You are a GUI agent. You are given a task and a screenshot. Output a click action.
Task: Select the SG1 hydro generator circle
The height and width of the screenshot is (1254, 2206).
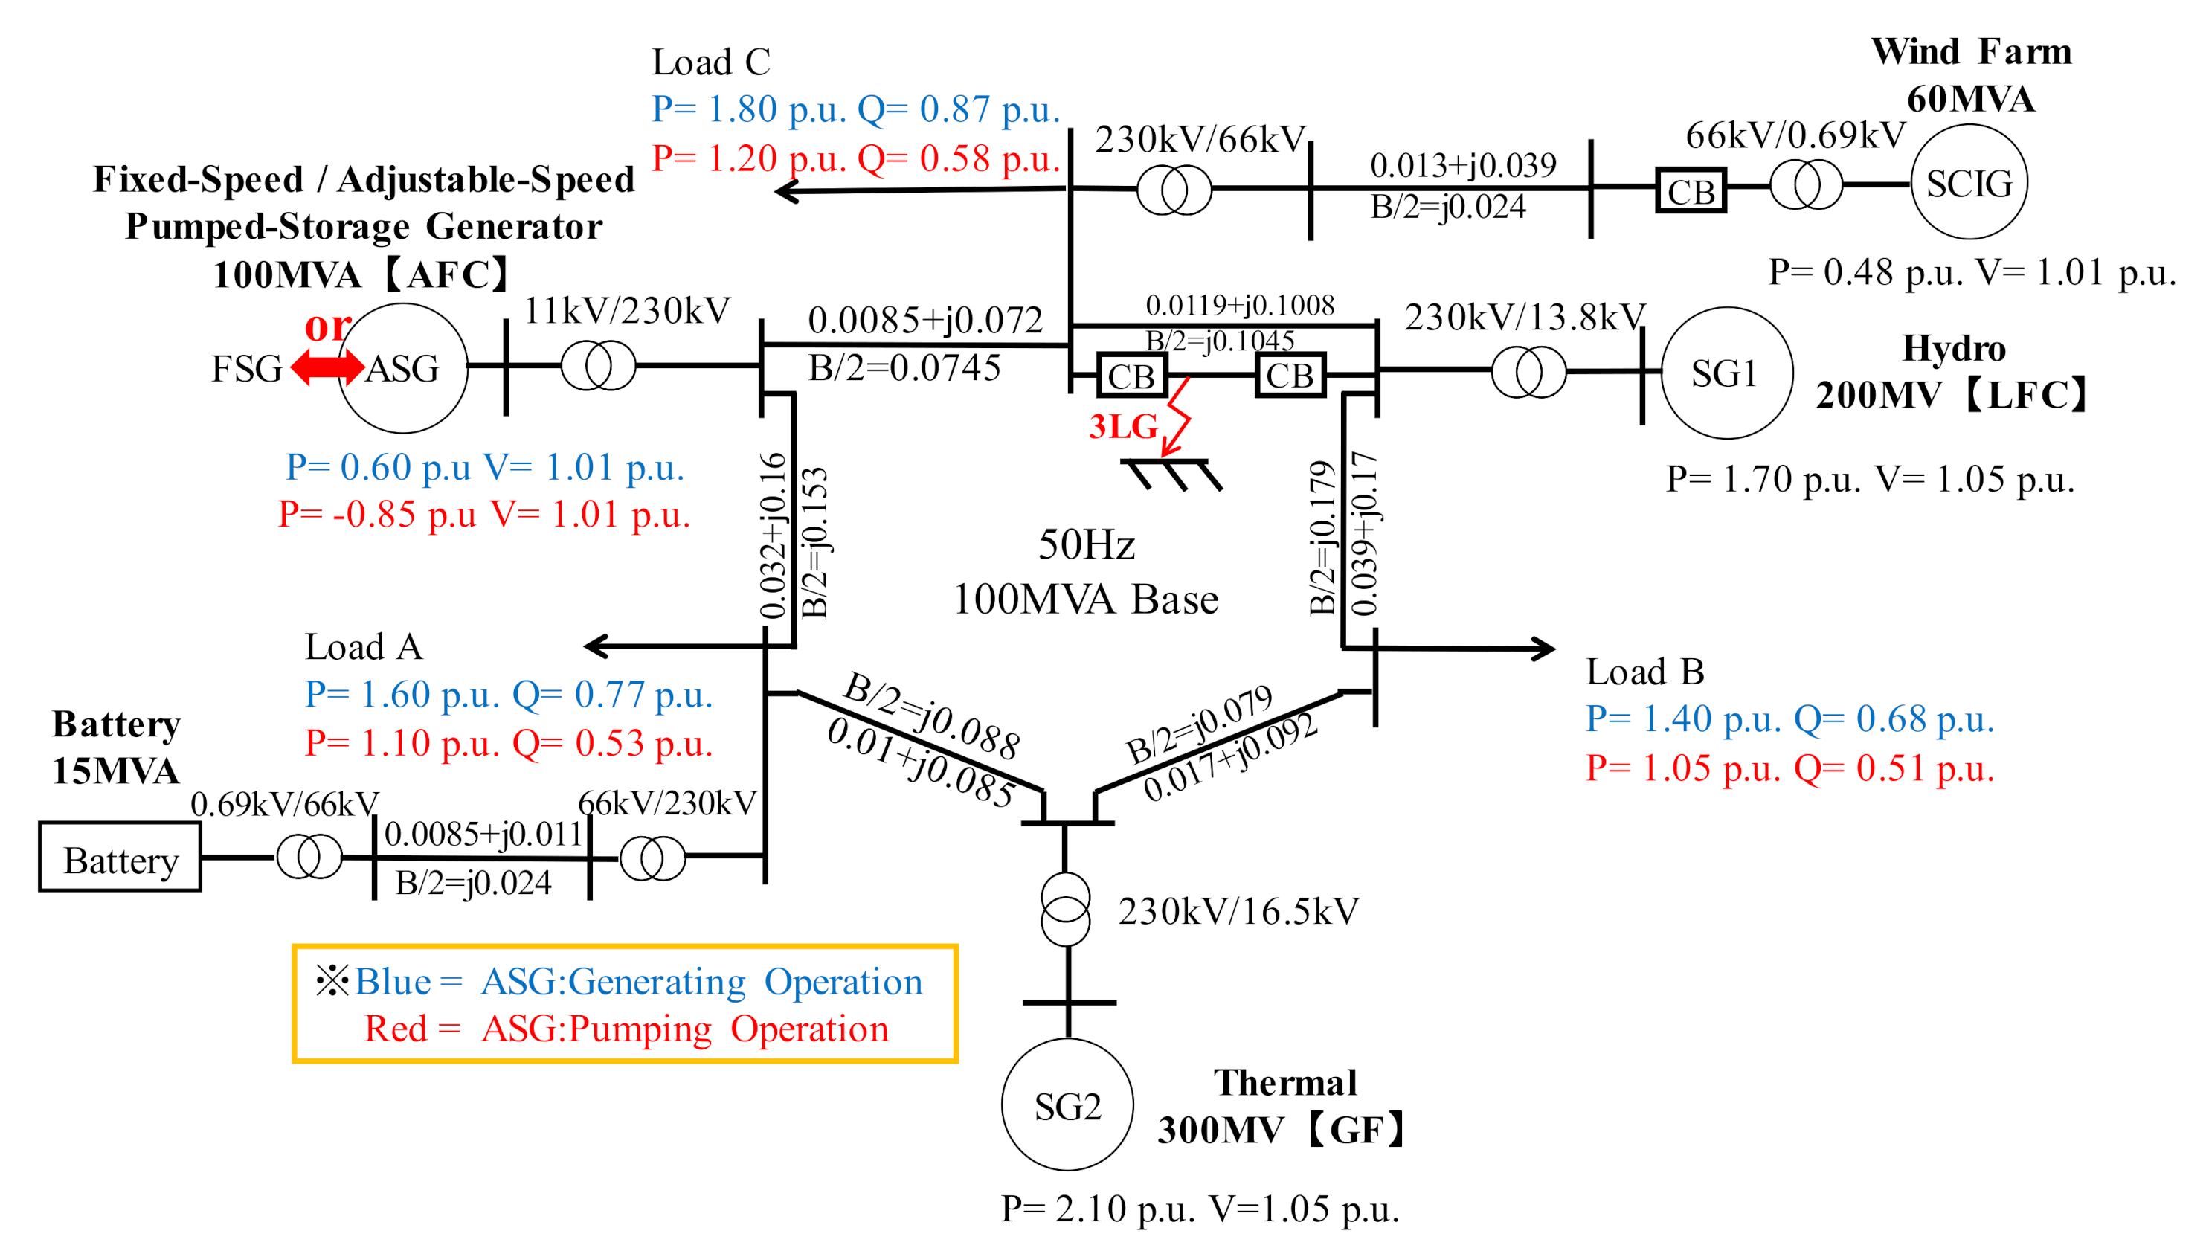1725,373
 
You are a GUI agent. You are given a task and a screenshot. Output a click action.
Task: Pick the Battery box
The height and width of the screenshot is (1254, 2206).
120,857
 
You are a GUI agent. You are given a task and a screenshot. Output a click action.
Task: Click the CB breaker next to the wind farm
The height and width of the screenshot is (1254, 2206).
1691,191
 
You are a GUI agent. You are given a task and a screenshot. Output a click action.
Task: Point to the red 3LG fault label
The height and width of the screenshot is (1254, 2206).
1123,426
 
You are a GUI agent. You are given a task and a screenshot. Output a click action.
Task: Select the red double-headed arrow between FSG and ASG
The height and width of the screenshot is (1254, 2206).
327,367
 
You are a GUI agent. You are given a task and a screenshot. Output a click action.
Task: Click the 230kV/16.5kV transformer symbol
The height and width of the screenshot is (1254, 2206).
1066,909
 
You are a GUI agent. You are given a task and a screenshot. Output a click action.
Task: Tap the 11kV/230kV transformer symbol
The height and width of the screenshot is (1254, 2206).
599,365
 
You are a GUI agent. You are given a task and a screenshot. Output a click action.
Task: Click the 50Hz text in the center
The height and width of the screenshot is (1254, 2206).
1086,544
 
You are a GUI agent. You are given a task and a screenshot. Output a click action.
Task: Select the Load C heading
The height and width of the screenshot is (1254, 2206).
710,62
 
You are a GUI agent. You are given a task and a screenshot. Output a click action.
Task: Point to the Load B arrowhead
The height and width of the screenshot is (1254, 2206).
1546,649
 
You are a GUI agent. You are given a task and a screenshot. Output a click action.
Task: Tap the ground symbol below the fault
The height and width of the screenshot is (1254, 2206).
1171,474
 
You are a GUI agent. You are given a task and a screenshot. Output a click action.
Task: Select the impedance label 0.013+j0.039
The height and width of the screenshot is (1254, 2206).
1462,165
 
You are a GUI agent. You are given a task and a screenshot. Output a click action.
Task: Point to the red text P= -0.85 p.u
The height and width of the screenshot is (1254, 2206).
377,514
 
